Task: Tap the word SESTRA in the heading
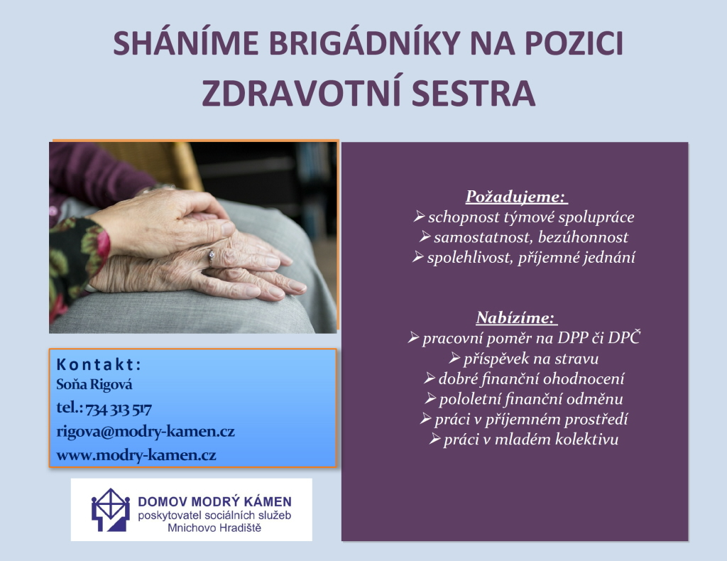(474, 93)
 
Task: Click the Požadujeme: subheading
(517, 197)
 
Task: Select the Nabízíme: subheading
(517, 317)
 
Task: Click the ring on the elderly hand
(211, 256)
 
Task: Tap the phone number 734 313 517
(119, 409)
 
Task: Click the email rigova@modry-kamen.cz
(146, 432)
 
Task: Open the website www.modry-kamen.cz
(136, 455)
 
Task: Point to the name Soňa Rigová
(94, 384)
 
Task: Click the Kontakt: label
(99, 364)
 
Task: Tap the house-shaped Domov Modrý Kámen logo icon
(110, 510)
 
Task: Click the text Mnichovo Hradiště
(214, 528)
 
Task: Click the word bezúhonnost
(583, 237)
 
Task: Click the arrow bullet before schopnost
(419, 216)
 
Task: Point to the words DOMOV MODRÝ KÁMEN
(214, 501)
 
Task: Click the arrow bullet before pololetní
(430, 398)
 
